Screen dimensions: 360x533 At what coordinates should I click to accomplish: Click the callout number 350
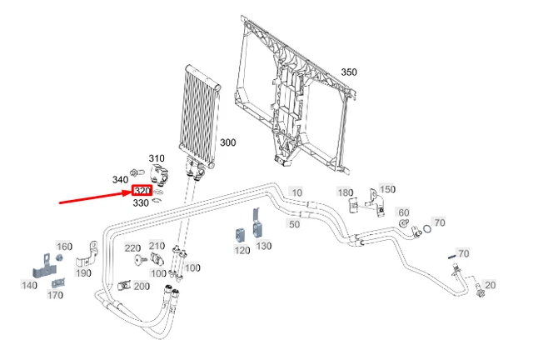(x=348, y=72)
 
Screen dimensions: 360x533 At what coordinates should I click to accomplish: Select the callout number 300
(x=227, y=142)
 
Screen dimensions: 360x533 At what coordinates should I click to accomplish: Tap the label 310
(x=157, y=158)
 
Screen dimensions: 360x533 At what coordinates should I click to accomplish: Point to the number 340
(x=120, y=179)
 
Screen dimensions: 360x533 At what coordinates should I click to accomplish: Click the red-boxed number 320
(x=142, y=191)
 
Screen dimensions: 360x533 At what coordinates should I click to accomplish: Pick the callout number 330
(x=141, y=202)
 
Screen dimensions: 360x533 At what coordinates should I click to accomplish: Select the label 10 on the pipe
(x=296, y=192)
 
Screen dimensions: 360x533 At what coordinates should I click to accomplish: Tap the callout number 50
(x=294, y=224)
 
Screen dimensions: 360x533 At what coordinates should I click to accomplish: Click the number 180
(x=345, y=192)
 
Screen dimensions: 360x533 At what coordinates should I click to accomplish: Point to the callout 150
(x=388, y=190)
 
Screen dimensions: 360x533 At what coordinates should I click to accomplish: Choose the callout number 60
(x=404, y=212)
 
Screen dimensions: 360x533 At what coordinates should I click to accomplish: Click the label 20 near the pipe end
(x=490, y=285)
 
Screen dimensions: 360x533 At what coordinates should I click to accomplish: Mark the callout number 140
(x=29, y=285)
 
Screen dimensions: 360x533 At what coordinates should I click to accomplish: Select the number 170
(x=55, y=295)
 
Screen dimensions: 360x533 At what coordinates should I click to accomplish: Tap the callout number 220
(x=132, y=248)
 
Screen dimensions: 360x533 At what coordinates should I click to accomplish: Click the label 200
(x=142, y=286)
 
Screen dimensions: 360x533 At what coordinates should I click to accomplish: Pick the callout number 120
(x=242, y=250)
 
